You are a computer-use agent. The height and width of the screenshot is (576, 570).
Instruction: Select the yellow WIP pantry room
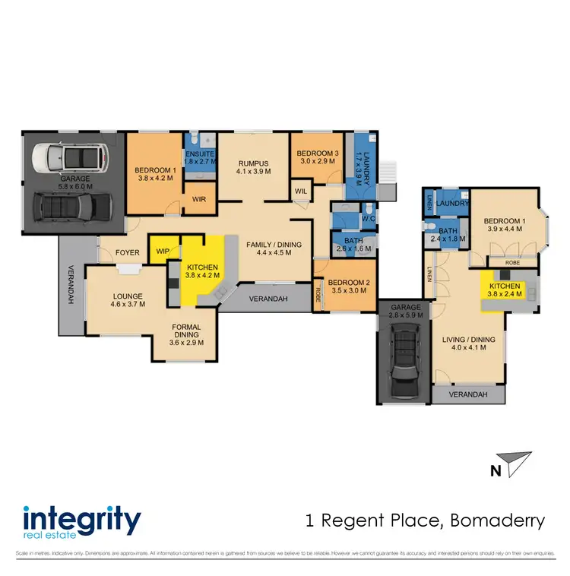tap(162, 251)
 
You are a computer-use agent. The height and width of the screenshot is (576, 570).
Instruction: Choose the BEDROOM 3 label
tap(316, 152)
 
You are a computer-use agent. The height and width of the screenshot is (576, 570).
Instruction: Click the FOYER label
tap(127, 252)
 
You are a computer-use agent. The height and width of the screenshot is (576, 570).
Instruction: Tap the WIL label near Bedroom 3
tap(302, 191)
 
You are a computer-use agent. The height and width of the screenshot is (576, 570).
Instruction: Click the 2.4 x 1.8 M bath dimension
tap(445, 239)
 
